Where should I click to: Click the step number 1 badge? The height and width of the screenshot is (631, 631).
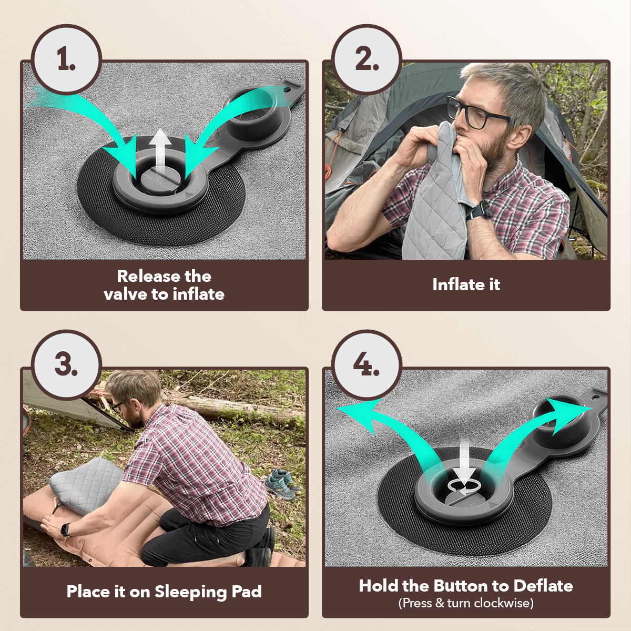[66, 59]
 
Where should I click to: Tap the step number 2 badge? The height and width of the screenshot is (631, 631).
[367, 59]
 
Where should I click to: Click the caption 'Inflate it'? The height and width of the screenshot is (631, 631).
[466, 284]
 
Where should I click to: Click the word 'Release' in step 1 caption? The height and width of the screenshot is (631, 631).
[149, 276]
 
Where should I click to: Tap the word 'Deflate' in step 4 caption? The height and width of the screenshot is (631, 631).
[543, 586]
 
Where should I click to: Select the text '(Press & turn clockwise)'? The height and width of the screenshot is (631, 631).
[466, 603]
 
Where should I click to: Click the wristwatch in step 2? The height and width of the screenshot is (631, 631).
[478, 211]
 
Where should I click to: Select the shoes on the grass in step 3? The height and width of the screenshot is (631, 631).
[281, 484]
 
